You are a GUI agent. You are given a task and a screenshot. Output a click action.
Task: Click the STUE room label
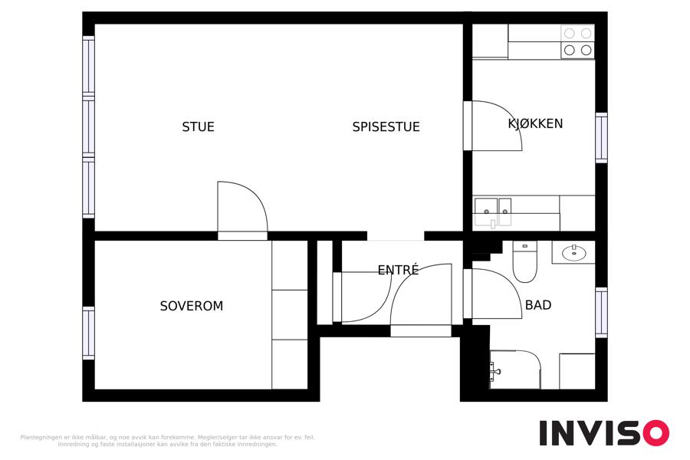pos(198,127)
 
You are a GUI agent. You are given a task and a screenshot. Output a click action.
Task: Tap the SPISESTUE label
pos(386,127)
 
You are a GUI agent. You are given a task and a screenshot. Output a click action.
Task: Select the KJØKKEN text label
pos(535,123)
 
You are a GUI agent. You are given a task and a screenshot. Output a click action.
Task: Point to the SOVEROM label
pos(192,306)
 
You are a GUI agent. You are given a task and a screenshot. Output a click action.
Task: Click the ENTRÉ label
pos(398,269)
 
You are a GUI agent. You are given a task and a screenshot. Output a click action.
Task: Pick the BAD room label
pos(538,304)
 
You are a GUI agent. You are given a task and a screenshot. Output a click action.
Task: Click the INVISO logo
pos(604,433)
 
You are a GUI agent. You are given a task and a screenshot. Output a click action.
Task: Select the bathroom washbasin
pos(573,253)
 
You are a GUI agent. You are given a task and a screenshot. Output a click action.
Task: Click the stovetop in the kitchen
pos(578,41)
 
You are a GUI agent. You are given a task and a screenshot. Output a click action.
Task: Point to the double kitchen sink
pos(492,213)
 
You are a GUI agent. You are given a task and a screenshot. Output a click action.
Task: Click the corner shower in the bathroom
pos(515,370)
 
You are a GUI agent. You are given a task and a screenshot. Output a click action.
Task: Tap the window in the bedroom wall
pos(88,333)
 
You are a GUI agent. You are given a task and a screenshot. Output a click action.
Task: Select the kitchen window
pos(601,138)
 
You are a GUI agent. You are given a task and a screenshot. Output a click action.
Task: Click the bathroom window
pos(601,313)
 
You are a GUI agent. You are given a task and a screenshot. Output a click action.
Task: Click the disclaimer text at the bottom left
pos(168,441)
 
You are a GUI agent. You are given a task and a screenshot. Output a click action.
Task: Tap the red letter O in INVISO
pos(656,433)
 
